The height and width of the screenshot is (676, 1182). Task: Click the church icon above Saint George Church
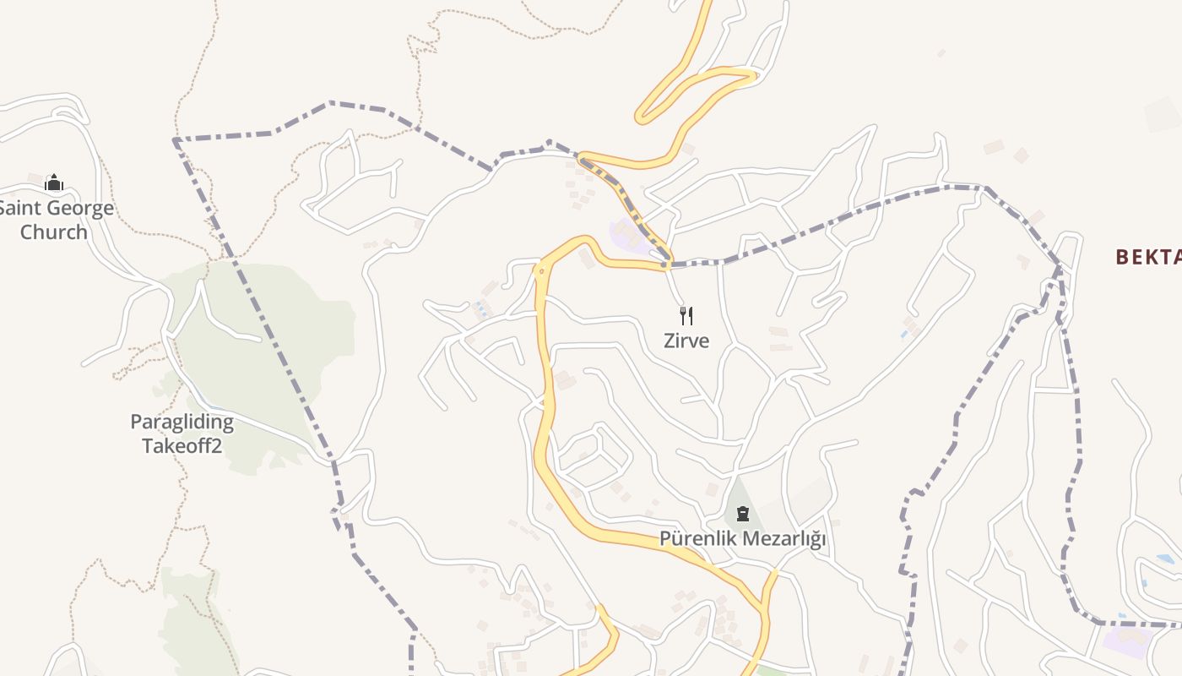[54, 183]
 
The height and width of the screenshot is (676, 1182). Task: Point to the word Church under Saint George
[53, 232]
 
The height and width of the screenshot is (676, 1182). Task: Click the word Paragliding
[182, 422]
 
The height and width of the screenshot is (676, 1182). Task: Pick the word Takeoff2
[182, 445]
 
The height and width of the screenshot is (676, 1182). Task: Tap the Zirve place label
[686, 341]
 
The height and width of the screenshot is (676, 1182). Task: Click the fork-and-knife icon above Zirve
[686, 316]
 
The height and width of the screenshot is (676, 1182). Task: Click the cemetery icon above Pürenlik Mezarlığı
[743, 514]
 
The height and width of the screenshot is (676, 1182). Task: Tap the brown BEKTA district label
[1148, 257]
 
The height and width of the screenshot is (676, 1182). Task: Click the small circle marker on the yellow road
[541, 270]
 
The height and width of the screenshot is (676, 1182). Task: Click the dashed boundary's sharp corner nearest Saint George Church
[175, 139]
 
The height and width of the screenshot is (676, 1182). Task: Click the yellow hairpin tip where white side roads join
[751, 76]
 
